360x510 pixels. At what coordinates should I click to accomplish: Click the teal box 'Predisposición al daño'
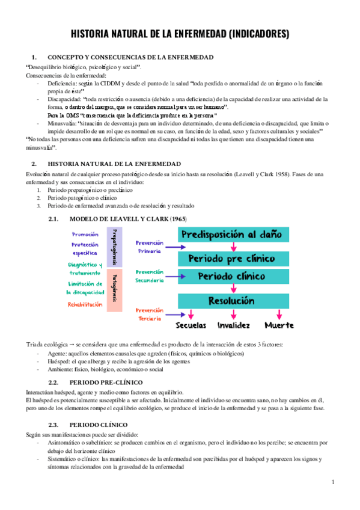[x=233, y=235]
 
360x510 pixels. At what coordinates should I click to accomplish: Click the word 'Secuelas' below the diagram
[x=191, y=325]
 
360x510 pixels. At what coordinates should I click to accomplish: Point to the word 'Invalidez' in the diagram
[x=234, y=325]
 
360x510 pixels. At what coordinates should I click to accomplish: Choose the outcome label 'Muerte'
[x=279, y=325]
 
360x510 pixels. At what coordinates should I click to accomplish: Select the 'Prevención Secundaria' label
[x=150, y=277]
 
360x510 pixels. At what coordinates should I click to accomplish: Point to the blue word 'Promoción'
[x=85, y=234]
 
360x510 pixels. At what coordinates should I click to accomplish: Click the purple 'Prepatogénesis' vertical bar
[x=114, y=247]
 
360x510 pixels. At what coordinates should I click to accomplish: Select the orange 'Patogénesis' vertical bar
[x=114, y=285]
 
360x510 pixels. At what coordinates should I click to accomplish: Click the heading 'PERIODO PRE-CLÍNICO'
[x=106, y=382]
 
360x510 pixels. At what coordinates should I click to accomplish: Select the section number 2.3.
[x=53, y=425]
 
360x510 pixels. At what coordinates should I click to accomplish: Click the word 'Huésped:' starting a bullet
[x=56, y=361]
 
